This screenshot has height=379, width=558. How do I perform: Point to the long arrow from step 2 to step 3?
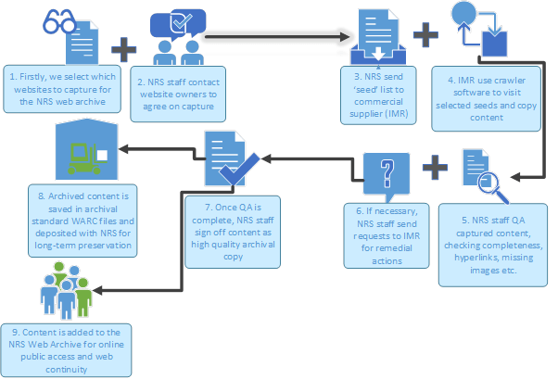pyautogui.click(x=278, y=38)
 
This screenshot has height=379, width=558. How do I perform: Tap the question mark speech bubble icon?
pyautogui.click(x=385, y=173)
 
